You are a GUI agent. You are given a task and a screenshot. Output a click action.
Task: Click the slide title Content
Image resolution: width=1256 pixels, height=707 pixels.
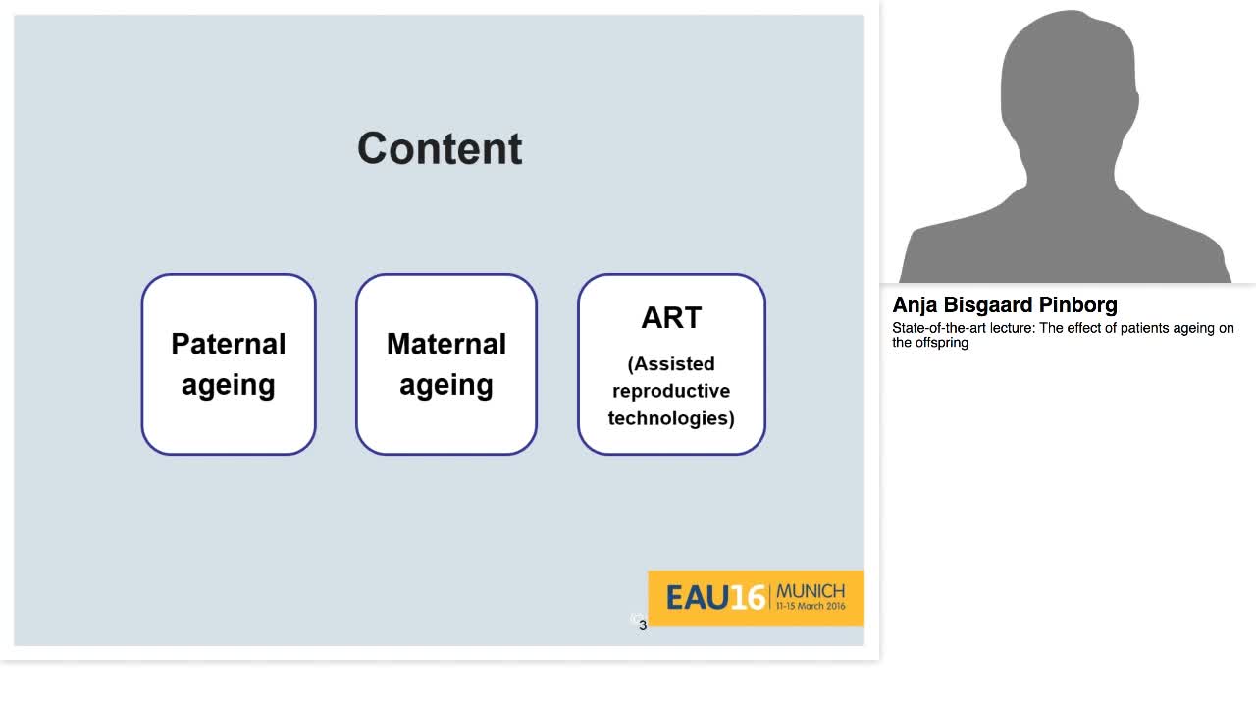tap(441, 148)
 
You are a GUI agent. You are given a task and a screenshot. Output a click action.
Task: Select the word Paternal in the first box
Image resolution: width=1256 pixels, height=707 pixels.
tap(229, 344)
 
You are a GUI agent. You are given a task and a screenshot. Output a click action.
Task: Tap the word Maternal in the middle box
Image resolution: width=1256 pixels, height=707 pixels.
tap(446, 344)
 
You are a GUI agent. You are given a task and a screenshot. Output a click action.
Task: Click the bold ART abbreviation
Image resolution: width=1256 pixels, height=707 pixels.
tap(671, 317)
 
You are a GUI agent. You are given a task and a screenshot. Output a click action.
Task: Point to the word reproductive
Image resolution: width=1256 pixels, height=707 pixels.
tap(671, 391)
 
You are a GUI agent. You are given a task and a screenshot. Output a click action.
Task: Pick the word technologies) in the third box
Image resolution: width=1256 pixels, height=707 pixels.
tap(671, 418)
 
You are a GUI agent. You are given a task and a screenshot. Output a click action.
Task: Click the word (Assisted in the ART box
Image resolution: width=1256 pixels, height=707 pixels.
tap(671, 363)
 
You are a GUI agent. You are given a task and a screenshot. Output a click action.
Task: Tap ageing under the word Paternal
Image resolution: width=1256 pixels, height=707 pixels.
tap(229, 386)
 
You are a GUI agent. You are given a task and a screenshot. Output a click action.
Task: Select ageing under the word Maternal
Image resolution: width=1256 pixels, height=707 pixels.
tap(446, 386)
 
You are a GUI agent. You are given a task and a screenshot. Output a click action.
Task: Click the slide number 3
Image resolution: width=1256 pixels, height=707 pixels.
tap(643, 625)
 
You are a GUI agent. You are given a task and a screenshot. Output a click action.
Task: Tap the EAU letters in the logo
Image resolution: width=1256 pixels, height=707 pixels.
tap(698, 597)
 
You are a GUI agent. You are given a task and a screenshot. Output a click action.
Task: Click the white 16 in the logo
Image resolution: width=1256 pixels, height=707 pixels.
tap(748, 597)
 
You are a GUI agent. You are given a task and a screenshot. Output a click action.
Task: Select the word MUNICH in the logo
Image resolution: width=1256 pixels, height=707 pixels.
tap(811, 591)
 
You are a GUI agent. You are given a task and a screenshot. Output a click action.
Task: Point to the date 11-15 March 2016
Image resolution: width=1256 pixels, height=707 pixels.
tap(811, 606)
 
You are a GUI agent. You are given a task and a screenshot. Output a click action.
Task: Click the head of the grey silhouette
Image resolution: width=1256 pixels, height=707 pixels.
tap(1070, 84)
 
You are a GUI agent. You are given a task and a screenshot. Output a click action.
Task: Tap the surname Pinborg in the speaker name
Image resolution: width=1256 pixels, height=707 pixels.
tap(1077, 304)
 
